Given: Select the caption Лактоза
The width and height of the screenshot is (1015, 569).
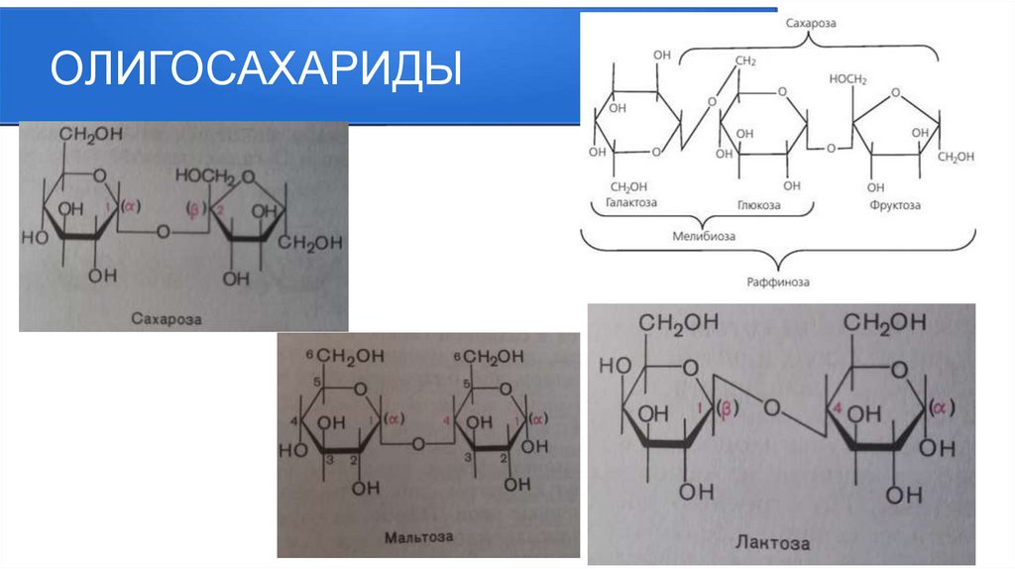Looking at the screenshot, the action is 772,543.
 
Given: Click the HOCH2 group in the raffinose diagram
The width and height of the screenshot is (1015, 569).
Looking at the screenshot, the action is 847,78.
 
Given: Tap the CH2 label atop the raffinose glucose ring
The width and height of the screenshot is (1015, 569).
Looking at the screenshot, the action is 745,61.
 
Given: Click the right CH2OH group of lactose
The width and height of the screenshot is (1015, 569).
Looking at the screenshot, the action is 884,323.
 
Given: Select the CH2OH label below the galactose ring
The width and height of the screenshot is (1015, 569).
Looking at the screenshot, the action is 628,186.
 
